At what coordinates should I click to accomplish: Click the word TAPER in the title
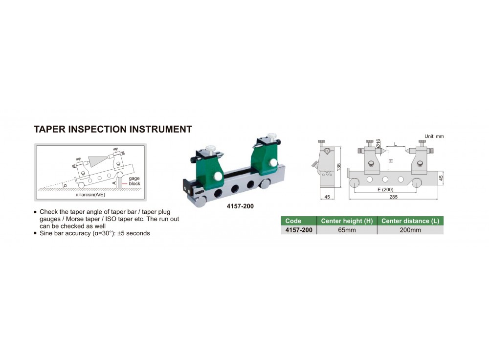click(49, 129)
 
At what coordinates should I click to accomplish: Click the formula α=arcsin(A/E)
click(90, 194)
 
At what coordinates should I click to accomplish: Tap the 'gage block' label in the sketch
click(134, 181)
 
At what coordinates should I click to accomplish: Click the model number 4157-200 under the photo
click(240, 206)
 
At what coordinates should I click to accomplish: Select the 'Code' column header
click(293, 221)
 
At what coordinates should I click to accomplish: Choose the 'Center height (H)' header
click(347, 221)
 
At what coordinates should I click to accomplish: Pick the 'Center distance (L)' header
click(410, 221)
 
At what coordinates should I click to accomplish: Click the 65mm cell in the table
click(347, 230)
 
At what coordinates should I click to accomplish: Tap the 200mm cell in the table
click(410, 230)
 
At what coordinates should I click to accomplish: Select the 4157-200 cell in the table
click(299, 230)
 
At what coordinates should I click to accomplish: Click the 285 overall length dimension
click(393, 197)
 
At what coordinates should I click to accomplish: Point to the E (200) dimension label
click(385, 190)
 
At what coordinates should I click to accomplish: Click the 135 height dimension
click(339, 167)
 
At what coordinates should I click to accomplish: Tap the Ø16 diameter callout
click(378, 143)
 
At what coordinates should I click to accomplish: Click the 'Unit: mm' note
click(434, 136)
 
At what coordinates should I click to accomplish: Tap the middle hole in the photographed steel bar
click(235, 188)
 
